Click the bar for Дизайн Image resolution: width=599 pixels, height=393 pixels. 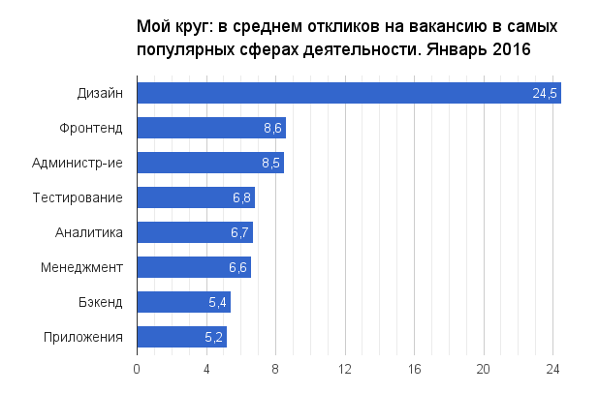tap(349, 93)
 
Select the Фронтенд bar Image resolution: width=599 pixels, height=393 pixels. tap(211, 128)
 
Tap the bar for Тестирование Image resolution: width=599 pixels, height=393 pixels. tap(196, 197)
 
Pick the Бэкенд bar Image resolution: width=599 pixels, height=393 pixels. tap(183, 302)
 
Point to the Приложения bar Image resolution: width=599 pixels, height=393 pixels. tap(181, 337)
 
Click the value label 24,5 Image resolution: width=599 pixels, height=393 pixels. tap(545, 93)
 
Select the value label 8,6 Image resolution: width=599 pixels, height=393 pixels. tap(271, 128)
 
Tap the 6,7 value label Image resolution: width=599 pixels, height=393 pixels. tap(240, 232)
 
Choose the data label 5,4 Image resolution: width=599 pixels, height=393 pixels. tap(218, 302)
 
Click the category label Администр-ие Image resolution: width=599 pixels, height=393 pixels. tap(86, 163)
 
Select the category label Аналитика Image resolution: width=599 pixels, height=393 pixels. tap(89, 232)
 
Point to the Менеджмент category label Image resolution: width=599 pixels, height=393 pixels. tap(81, 267)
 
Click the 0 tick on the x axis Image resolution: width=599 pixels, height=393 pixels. tap(137, 369)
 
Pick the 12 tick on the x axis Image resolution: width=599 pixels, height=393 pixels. tap(345, 369)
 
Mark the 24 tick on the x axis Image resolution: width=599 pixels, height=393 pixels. tap(552, 369)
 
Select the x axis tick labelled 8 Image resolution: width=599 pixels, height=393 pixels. tap(275, 369)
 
